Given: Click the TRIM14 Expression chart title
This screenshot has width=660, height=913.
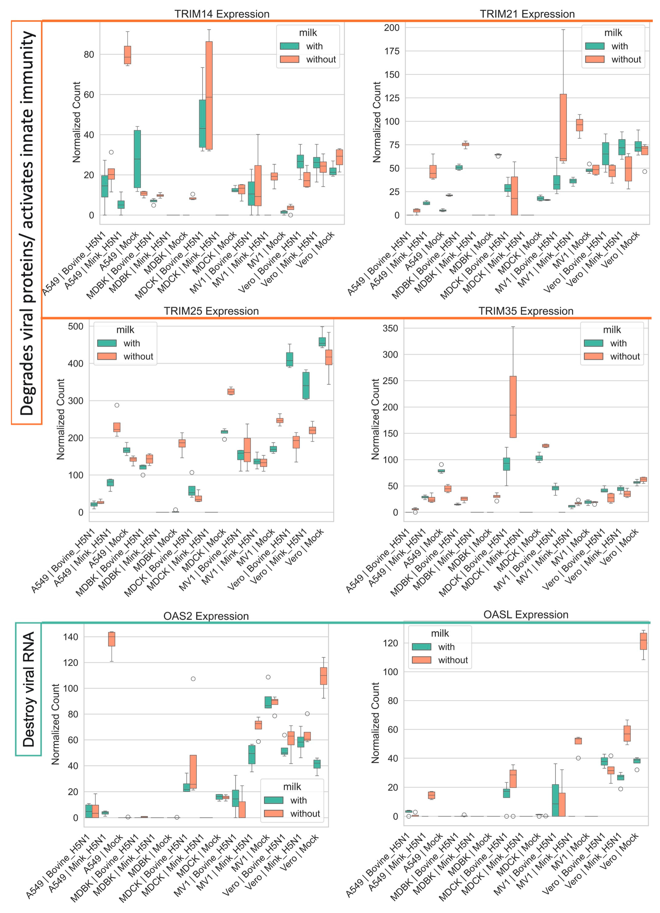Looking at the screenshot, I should point(222,14).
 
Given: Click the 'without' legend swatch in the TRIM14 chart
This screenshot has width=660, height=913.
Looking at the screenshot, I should point(290,60).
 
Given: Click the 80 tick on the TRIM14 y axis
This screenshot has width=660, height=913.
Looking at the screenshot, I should point(89,54).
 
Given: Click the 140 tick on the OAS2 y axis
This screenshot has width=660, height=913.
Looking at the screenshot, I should point(71,637).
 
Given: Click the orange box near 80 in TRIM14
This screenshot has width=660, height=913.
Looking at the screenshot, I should point(127,55).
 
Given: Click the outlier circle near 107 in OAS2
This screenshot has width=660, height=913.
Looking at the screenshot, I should point(193,679).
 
